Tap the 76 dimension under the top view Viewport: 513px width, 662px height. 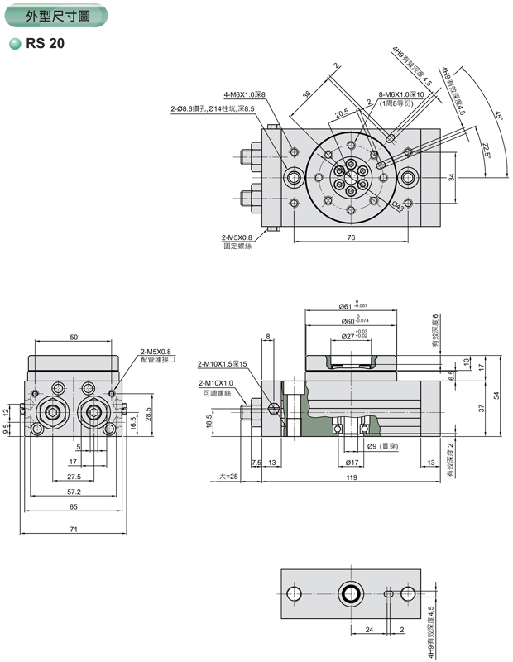[350, 237]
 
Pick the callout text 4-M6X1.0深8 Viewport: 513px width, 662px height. [245, 95]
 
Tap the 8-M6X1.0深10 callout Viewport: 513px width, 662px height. [401, 95]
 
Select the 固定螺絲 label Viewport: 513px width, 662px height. [237, 246]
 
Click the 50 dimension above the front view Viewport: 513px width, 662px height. [74, 337]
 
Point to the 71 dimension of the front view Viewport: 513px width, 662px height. [74, 529]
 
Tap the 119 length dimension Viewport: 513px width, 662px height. [352, 477]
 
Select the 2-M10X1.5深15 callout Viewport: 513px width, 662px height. [222, 364]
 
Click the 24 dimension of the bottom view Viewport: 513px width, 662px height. [369, 630]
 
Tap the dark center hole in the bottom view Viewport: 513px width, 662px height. [351, 592]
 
